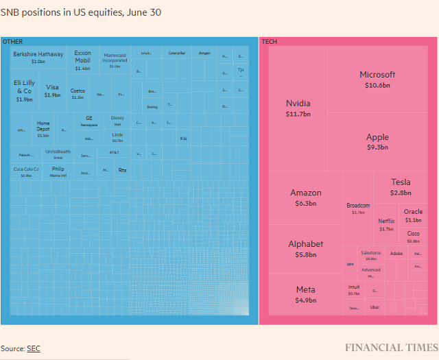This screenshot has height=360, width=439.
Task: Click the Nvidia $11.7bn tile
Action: click(x=298, y=108)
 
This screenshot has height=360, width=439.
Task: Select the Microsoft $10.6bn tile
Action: click(x=377, y=80)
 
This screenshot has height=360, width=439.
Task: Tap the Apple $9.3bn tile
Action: click(x=377, y=141)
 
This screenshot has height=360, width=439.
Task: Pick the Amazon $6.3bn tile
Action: click(x=305, y=197)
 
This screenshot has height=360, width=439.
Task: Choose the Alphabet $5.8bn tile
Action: click(x=305, y=248)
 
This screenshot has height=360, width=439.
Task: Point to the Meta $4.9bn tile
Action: click(x=305, y=294)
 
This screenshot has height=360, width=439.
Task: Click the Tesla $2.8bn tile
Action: click(x=401, y=187)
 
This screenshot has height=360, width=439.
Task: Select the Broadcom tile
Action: click(x=358, y=208)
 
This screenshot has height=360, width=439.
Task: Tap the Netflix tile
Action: click(x=386, y=224)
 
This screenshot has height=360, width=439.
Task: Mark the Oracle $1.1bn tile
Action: click(x=413, y=215)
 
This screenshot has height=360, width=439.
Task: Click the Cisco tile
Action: click(x=413, y=237)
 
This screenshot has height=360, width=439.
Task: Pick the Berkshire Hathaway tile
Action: click(x=38, y=58)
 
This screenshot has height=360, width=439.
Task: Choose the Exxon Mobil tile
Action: click(x=82, y=60)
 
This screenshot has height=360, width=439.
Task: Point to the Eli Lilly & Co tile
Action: click(x=24, y=90)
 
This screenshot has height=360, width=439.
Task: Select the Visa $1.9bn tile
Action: click(x=52, y=91)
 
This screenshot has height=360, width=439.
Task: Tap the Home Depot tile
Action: click(x=43, y=129)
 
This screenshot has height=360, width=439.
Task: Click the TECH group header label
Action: click(x=269, y=42)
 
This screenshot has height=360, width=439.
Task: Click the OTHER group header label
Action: click(x=12, y=42)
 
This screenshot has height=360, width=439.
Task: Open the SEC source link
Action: click(x=34, y=348)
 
